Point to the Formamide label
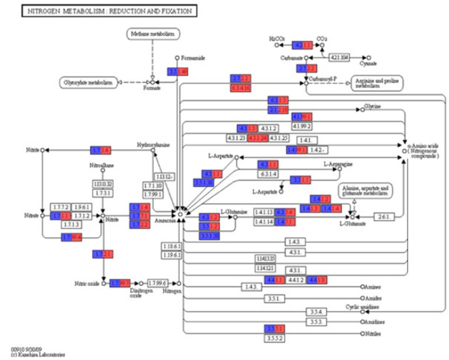click(x=196, y=58)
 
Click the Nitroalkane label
click(x=101, y=164)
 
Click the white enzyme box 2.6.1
click(x=383, y=217)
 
